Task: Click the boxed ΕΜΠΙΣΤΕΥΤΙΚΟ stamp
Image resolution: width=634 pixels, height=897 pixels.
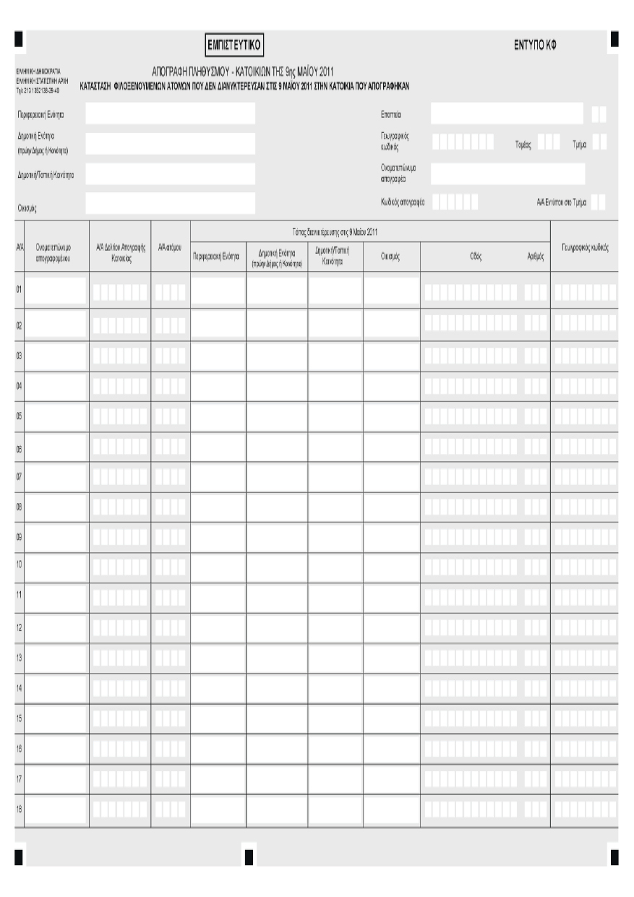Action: point(233,46)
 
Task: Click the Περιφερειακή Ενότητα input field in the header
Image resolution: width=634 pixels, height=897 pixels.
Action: point(170,113)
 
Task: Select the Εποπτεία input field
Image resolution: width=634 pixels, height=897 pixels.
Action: point(506,113)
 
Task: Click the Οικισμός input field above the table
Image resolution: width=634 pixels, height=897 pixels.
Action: point(170,203)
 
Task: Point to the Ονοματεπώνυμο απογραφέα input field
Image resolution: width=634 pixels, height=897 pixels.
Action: point(507,173)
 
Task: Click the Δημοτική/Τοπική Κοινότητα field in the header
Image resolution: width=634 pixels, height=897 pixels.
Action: point(170,173)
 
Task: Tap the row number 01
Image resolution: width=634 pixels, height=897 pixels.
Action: point(20,290)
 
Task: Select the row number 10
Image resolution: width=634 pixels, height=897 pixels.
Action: point(20,562)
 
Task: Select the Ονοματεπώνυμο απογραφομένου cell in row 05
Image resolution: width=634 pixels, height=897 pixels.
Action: point(58,416)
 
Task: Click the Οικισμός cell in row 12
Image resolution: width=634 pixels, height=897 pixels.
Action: point(391,627)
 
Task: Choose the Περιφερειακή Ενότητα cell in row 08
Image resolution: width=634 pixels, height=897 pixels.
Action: point(218,507)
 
